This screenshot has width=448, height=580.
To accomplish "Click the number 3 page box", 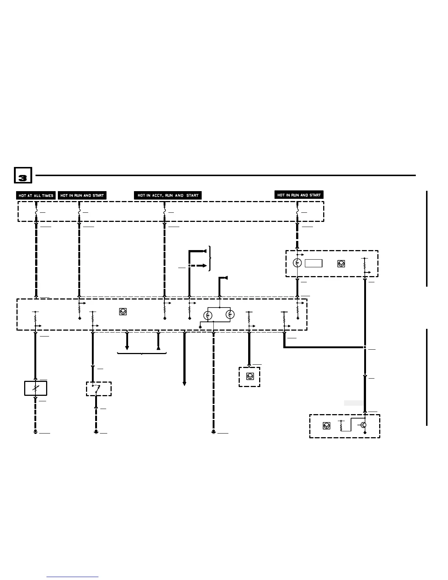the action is click(23, 175).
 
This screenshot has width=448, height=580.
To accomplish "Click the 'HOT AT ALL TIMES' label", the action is click(36, 196).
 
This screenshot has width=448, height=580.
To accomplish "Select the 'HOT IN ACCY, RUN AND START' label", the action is click(168, 196).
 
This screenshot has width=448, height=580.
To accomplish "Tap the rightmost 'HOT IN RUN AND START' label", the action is click(299, 195).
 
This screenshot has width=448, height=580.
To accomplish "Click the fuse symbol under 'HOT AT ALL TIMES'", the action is click(36, 212).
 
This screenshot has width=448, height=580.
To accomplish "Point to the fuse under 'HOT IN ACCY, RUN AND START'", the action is click(164, 212).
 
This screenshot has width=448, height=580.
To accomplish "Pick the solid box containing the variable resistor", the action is click(36, 388).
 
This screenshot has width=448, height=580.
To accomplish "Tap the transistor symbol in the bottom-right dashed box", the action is click(363, 425).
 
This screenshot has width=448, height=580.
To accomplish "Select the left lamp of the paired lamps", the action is click(208, 315).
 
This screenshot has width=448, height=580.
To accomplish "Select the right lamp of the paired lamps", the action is click(230, 315).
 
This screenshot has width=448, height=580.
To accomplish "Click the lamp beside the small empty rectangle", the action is click(297, 263).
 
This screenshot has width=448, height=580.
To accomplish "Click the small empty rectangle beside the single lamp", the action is click(314, 263).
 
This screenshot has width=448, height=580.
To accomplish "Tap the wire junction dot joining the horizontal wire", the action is click(365, 347).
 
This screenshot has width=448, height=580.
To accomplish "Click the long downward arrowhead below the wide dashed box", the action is click(184, 383).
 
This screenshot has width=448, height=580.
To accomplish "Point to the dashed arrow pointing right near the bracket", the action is click(203, 265).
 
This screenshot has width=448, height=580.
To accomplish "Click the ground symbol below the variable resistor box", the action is click(36, 432).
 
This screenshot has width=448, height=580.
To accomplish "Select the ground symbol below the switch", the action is click(96, 432).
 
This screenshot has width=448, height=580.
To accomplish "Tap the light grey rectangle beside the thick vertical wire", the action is click(354, 403).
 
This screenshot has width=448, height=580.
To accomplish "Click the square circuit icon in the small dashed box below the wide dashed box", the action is click(250, 376).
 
